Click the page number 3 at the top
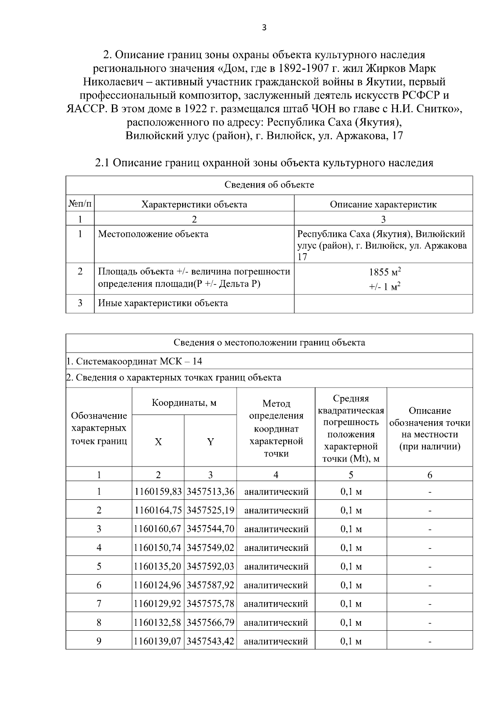[x=264, y=28]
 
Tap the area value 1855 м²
[x=385, y=272]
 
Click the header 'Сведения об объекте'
[x=269, y=185]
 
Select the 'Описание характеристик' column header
[x=383, y=204]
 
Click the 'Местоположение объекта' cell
[x=153, y=234]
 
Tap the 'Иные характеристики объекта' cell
[x=163, y=303]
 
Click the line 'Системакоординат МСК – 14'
[x=135, y=361]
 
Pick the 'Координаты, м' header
[x=184, y=402]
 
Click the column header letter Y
[x=210, y=442]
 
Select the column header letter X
[x=158, y=442]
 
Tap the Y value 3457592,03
[x=210, y=566]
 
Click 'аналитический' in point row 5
[x=276, y=566]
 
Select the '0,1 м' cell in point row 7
[x=351, y=604]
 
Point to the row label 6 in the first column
[x=99, y=585]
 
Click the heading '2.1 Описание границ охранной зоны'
[x=264, y=163]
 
